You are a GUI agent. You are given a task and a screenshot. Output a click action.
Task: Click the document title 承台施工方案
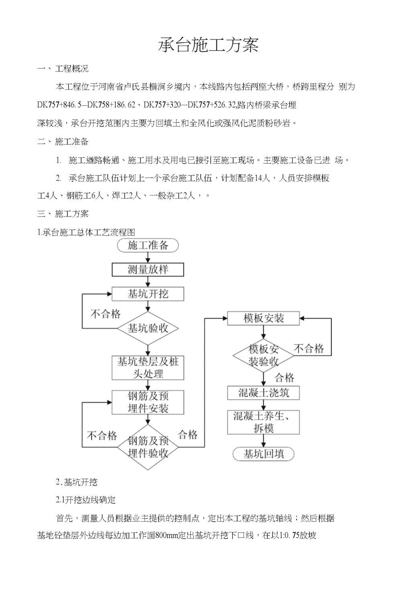[208, 45]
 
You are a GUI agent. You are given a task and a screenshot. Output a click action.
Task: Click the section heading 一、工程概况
[63, 69]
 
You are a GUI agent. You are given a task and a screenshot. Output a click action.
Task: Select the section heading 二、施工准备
[63, 142]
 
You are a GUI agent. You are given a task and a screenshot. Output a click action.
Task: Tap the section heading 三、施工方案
[63, 214]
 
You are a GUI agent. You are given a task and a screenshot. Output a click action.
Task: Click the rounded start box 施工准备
[148, 245]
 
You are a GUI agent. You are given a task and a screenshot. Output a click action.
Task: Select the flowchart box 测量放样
[148, 270]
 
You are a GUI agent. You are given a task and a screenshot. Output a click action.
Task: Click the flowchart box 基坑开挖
[148, 294]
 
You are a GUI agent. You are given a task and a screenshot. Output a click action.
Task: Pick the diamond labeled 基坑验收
[148, 328]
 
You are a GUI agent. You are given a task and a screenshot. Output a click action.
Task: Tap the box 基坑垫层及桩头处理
[148, 368]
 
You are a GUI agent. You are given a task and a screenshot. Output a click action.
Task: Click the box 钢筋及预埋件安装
[148, 403]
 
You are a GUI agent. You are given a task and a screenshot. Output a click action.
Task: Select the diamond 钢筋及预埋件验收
[148, 447]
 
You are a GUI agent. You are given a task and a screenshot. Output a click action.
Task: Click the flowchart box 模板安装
[263, 318]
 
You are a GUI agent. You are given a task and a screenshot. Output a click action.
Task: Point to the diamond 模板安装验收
[263, 355]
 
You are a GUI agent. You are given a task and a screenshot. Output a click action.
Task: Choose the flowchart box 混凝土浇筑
[263, 393]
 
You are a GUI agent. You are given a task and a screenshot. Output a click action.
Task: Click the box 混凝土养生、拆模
[263, 422]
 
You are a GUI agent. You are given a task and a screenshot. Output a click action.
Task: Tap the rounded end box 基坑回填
[263, 454]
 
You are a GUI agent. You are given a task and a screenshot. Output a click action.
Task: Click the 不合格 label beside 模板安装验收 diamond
[309, 348]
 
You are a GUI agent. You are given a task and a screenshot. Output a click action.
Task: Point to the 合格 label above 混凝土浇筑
[284, 378]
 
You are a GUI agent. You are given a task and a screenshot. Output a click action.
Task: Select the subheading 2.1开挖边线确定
[86, 500]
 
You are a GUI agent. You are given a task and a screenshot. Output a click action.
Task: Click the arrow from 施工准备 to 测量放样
[148, 258]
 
